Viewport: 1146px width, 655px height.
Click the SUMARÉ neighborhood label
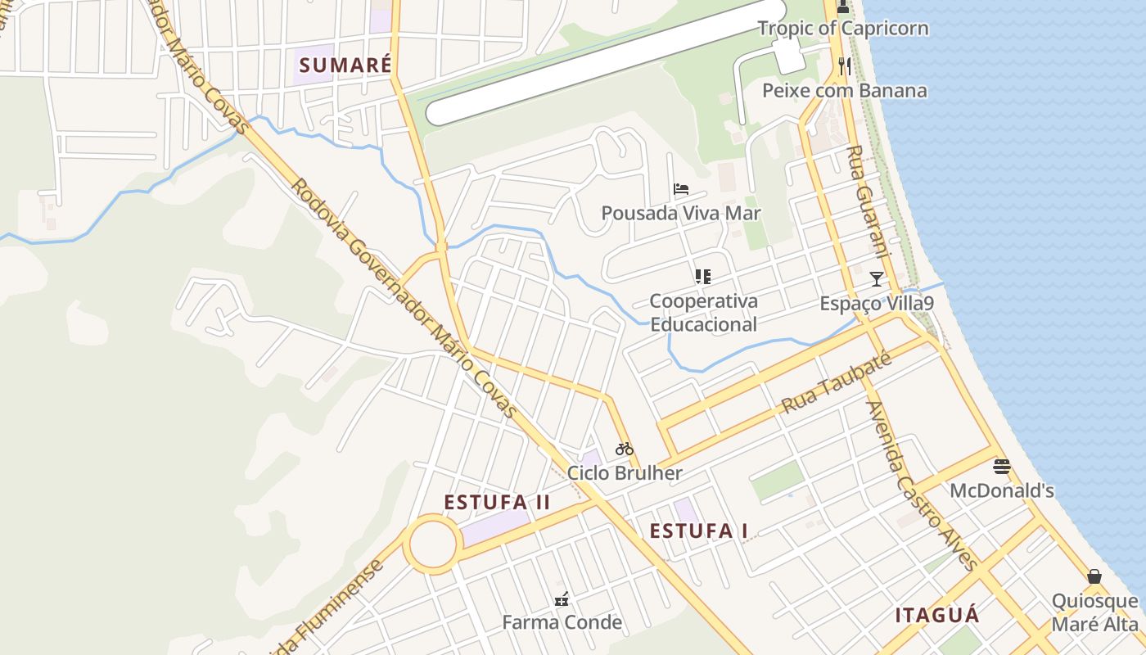click(345, 65)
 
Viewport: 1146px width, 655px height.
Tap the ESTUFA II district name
click(497, 502)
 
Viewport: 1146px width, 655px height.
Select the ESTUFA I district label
click(698, 531)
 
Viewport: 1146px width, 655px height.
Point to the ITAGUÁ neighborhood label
click(936, 616)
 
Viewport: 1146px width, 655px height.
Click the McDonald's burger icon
click(1002, 467)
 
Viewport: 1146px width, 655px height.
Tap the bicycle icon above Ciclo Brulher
click(625, 448)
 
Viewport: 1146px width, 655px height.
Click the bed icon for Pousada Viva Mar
click(681, 189)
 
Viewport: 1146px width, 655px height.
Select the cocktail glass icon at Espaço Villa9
click(877, 278)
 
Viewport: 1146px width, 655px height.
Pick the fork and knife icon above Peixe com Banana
click(845, 65)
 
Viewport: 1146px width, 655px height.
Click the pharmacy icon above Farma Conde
click(562, 599)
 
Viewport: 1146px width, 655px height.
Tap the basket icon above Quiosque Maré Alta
click(1094, 576)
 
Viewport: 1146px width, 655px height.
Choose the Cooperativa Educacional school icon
click(703, 277)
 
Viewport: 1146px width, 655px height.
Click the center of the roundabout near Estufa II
click(432, 544)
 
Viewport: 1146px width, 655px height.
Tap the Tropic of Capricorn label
click(843, 28)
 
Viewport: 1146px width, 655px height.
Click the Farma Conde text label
click(562, 622)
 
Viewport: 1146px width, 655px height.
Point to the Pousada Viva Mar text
click(681, 214)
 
